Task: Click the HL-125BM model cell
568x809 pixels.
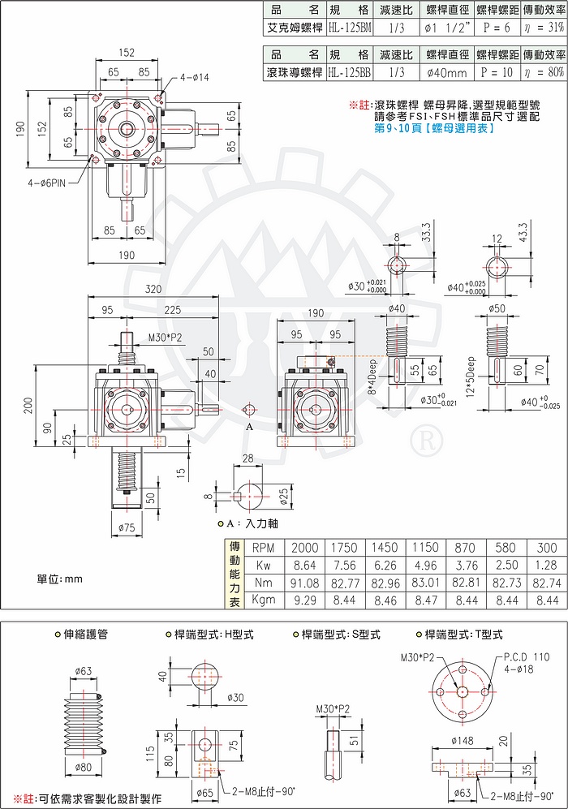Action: [346, 28]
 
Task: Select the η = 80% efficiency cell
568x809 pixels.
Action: [544, 72]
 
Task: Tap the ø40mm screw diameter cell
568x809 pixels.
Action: [444, 72]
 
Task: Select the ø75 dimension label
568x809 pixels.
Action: [127, 527]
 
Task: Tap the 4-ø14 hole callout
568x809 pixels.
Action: [194, 77]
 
